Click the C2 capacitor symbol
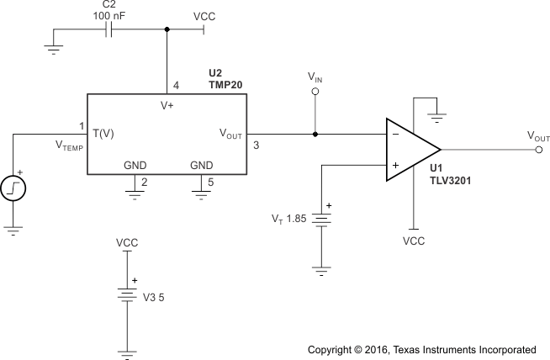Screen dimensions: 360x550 pos(110,29)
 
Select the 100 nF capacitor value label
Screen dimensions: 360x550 pos(110,14)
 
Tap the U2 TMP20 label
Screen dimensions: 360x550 pos(227,80)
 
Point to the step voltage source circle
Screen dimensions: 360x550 pos(15,187)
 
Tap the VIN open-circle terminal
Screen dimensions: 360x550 pos(315,92)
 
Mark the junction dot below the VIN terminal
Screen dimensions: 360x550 pos(315,134)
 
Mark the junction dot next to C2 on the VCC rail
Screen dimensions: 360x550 pos(167,29)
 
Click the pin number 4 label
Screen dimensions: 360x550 pos(176,85)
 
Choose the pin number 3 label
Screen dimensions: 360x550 pos(256,146)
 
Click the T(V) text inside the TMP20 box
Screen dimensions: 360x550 pos(103,134)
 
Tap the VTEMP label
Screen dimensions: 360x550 pos(71,146)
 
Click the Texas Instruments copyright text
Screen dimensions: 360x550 pos(421,349)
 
